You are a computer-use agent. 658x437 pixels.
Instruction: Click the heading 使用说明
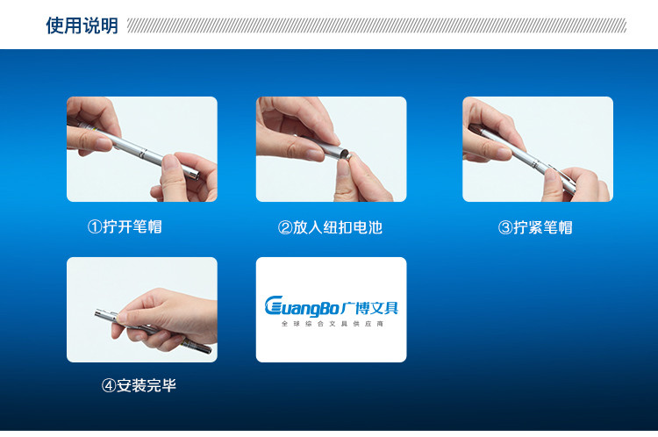(82, 25)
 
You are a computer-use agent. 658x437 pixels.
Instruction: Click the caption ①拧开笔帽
(125, 227)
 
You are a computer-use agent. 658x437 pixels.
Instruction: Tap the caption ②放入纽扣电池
(330, 228)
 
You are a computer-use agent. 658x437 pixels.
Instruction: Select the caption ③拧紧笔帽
(535, 228)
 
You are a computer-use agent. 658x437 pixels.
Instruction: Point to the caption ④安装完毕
(139, 385)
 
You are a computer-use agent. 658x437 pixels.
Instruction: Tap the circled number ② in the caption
(284, 228)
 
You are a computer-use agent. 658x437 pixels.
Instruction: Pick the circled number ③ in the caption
(505, 228)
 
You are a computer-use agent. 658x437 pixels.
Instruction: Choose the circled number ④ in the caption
(109, 385)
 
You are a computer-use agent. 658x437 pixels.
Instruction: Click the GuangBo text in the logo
(304, 306)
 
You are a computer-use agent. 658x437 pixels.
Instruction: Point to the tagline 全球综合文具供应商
(332, 324)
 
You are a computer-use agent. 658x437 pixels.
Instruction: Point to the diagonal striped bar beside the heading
(377, 25)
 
